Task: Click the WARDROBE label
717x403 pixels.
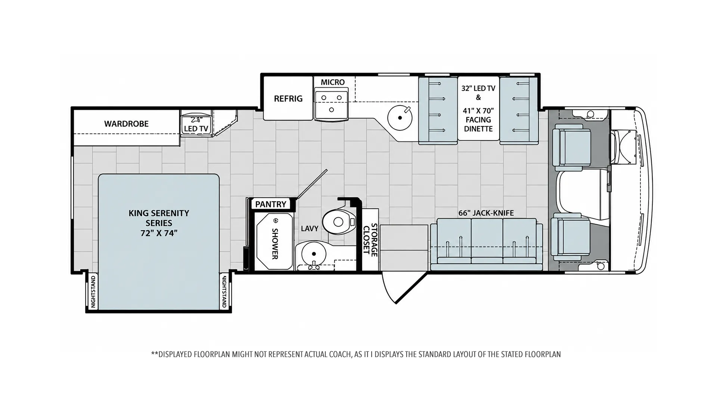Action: click(126, 124)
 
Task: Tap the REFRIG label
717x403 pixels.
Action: click(288, 99)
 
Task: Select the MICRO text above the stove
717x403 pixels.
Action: click(333, 82)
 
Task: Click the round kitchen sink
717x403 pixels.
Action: click(400, 118)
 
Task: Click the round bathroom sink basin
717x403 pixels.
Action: click(314, 254)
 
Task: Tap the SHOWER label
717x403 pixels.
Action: click(275, 243)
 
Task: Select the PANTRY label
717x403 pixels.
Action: click(271, 204)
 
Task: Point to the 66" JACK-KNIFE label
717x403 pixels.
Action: click(486, 213)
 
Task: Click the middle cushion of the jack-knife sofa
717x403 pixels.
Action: click(487, 243)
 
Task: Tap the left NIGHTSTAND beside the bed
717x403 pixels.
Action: click(93, 291)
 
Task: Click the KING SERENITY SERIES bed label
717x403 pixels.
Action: click(159, 223)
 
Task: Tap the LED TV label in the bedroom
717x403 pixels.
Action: click(196, 129)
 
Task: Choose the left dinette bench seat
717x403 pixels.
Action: click(438, 110)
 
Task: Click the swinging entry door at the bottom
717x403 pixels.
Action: click(405, 288)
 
